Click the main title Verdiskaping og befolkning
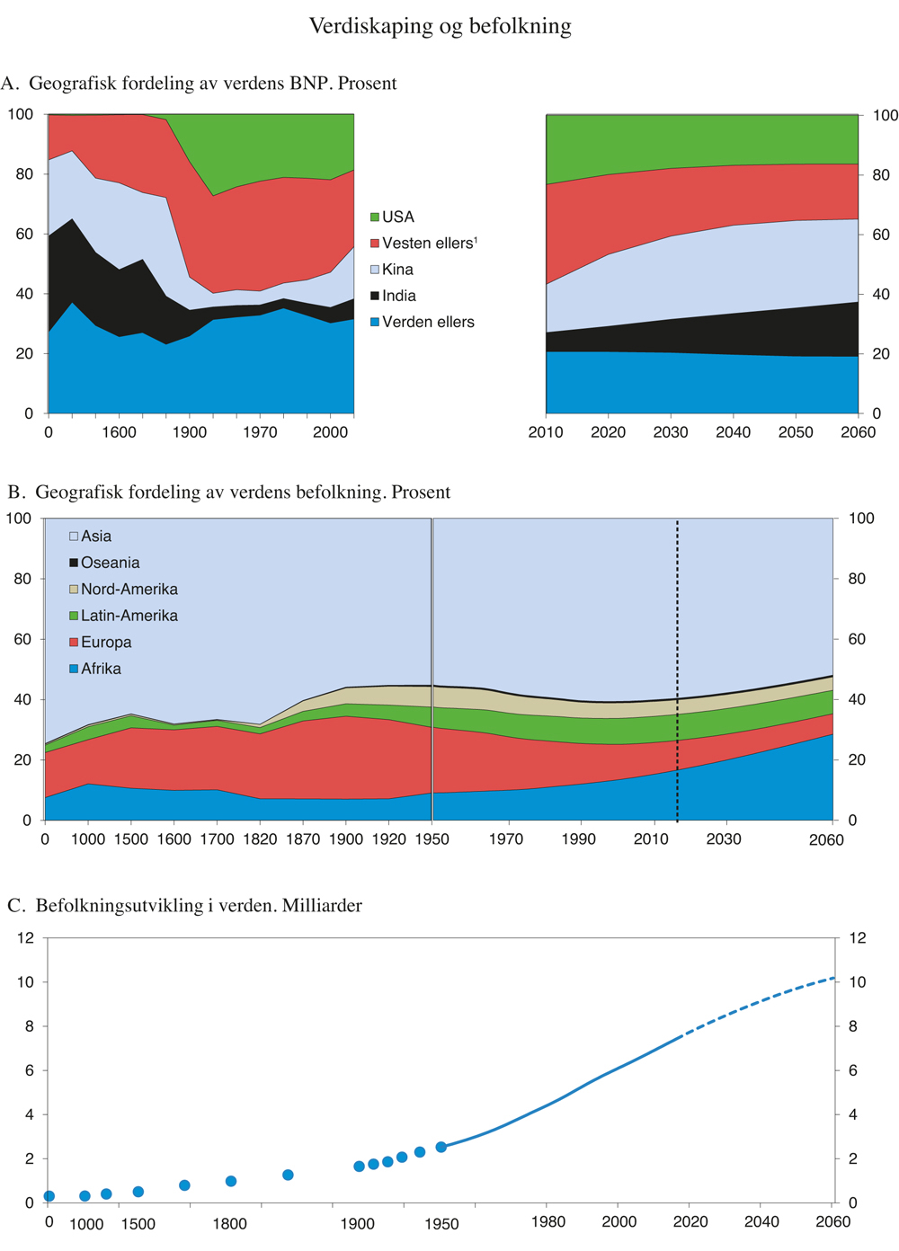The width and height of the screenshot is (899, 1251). pyautogui.click(x=440, y=26)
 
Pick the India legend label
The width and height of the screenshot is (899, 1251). pyautogui.click(x=398, y=296)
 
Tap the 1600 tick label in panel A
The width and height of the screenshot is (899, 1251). pyautogui.click(x=119, y=432)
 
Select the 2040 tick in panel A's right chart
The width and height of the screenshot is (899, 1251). pyautogui.click(x=733, y=432)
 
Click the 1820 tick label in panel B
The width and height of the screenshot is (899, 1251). pyautogui.click(x=260, y=839)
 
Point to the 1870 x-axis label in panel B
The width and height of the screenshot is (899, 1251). pyautogui.click(x=303, y=839)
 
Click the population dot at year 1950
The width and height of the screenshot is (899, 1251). pyautogui.click(x=441, y=1147)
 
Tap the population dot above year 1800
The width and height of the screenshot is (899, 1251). pyautogui.click(x=231, y=1181)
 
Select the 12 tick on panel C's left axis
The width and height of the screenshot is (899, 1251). pyautogui.click(x=25, y=938)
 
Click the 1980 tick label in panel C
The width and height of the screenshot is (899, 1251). pyautogui.click(x=548, y=1222)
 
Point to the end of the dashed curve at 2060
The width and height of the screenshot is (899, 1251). pyautogui.click(x=833, y=977)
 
